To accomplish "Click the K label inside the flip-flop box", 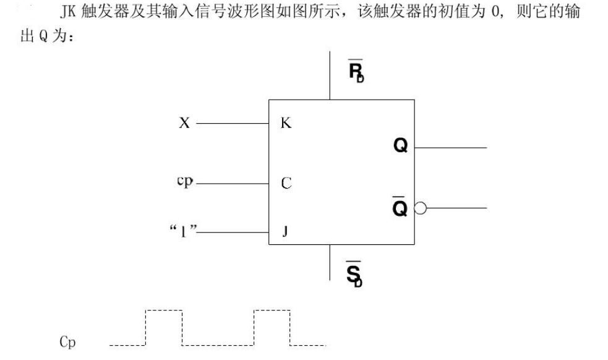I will pos(286,123).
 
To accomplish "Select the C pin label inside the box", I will pos(286,184).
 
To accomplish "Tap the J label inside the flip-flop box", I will pos(285,232).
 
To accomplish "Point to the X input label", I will pos(184,123).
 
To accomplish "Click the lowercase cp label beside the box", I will pos(185,182).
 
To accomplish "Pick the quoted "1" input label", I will pos(183,233).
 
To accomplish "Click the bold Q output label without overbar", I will pos(400,146).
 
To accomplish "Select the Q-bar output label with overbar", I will pos(400,208).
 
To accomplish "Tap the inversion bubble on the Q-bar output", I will pos(420,208).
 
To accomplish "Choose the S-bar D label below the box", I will pos(354,273).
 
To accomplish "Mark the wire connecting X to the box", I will pos(232,124).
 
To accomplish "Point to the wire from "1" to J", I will pos(234,233).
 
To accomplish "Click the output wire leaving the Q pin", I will pos(451,147).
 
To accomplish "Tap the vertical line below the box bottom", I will pos(330,262).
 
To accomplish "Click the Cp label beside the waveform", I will pos(67,342).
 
